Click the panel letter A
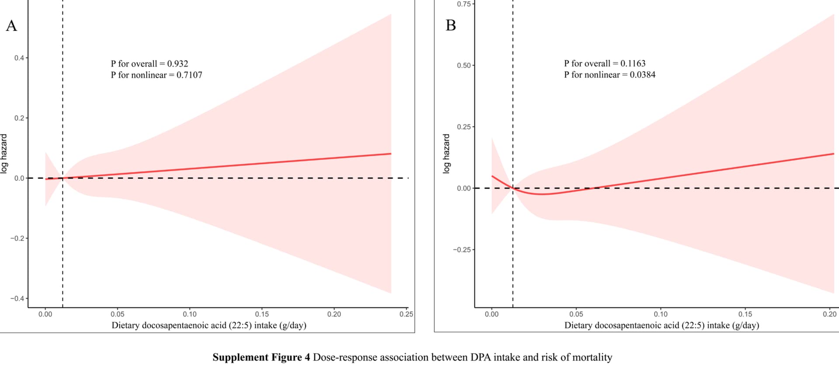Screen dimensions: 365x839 [11, 26]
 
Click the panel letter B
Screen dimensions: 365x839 [451, 25]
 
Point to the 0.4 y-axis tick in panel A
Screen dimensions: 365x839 [19, 58]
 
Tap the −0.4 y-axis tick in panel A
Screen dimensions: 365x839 [17, 299]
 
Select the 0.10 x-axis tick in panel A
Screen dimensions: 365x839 [190, 314]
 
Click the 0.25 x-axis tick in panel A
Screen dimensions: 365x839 [406, 314]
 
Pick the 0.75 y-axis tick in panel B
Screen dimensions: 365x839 [464, 4]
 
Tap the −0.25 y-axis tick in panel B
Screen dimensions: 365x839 [461, 250]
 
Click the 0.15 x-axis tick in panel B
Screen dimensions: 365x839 [745, 314]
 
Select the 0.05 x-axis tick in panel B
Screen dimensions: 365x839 [576, 314]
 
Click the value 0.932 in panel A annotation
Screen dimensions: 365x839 [177, 64]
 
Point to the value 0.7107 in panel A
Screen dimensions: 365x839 [189, 75]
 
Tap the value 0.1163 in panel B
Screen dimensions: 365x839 [633, 64]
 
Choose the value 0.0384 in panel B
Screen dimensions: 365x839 [642, 75]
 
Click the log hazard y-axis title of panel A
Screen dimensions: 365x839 [4, 154]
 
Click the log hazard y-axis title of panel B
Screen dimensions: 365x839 [446, 154]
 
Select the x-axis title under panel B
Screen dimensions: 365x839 [662, 325]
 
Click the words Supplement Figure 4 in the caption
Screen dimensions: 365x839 [261, 357]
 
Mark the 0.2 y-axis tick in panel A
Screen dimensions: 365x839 [19, 118]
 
